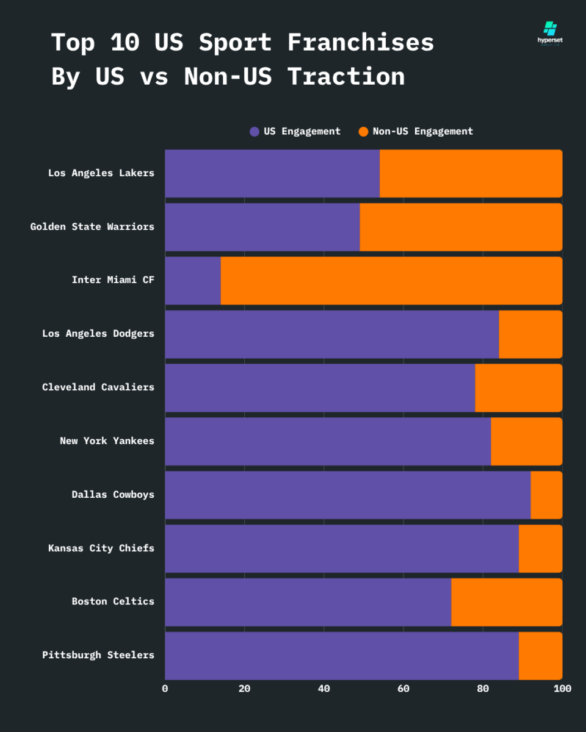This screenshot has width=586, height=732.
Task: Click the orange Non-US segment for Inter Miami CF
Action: point(391,281)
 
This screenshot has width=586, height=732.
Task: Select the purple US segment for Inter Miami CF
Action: point(193,281)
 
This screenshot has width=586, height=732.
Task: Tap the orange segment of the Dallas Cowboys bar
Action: point(546,495)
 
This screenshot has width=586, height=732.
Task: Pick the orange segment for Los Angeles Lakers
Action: point(471,173)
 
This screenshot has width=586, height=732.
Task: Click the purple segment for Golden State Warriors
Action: point(262,227)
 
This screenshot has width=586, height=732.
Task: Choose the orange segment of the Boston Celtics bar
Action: point(507,601)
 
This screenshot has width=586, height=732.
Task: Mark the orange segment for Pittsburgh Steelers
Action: point(540,655)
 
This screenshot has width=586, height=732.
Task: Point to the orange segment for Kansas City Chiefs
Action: point(540,548)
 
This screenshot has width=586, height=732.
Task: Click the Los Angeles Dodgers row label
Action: point(98,334)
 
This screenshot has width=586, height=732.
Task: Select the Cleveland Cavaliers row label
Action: point(98,387)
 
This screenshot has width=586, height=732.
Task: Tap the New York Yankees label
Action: point(107,441)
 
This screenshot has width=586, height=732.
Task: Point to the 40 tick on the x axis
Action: point(324,689)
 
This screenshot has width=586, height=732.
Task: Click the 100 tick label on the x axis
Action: point(562,689)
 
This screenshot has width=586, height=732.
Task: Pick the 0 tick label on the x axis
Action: point(165,689)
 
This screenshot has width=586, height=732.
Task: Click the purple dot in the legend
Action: point(255,132)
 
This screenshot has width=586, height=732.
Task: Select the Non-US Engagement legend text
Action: point(422,132)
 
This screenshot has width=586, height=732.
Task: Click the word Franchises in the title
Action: point(360,43)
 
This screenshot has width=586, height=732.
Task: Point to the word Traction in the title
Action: point(346,77)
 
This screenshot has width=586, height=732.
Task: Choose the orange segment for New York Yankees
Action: point(526,441)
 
